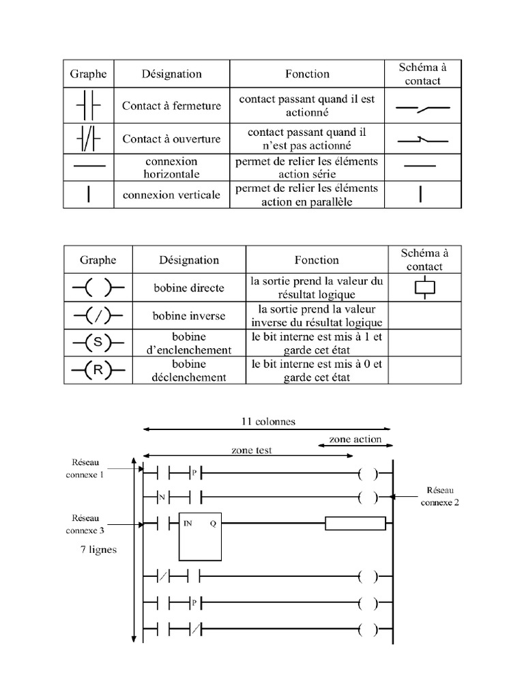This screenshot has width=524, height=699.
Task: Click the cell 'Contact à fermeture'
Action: (171, 106)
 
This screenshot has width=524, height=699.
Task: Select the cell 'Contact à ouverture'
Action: (171, 139)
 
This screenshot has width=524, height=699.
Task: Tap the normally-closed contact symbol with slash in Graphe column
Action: (89, 139)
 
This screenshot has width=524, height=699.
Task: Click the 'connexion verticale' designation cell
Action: (171, 195)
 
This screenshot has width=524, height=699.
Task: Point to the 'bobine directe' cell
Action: (189, 287)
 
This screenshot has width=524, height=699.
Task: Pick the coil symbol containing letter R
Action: (98, 370)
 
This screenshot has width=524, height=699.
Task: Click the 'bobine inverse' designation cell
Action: (189, 316)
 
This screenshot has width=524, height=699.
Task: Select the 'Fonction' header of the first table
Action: (307, 74)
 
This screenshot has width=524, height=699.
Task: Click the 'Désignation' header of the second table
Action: (189, 259)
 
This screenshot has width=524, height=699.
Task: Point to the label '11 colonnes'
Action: (269, 421)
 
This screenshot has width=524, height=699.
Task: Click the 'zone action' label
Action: (355, 439)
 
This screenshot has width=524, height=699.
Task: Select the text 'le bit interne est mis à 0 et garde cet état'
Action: (316, 371)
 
